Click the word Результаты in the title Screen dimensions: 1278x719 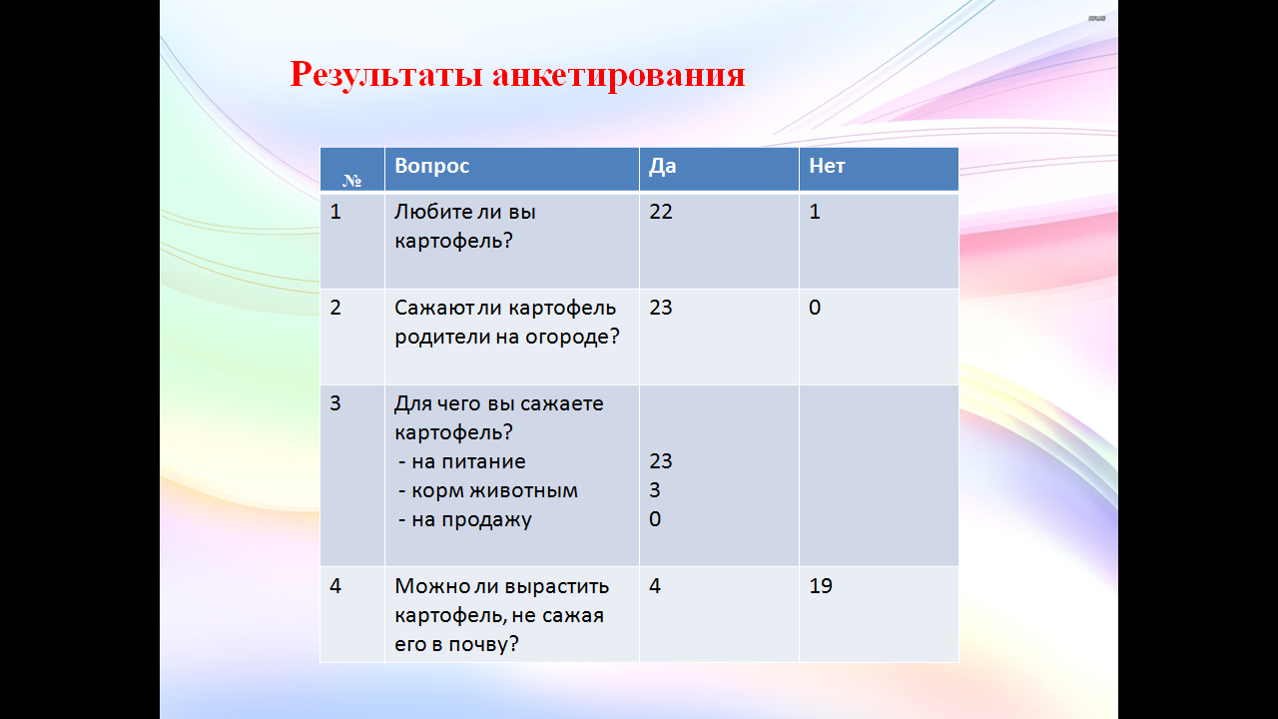tap(386, 75)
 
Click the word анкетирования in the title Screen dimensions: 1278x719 tap(619, 75)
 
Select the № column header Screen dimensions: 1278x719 tap(352, 181)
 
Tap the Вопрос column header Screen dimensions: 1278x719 tap(432, 166)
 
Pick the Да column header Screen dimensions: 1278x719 tap(662, 166)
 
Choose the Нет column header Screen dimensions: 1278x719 tap(827, 166)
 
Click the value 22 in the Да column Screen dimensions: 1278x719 tap(661, 212)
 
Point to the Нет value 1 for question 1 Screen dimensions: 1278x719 tap(815, 212)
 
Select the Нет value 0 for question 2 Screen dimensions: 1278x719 tap(815, 308)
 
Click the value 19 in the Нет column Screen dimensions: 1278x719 tap(821, 586)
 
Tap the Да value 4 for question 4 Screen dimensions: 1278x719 tap(655, 586)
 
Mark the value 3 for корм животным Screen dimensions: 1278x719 tap(655, 490)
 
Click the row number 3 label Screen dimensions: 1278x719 tap(335, 403)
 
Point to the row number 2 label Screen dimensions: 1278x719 tap(335, 308)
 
